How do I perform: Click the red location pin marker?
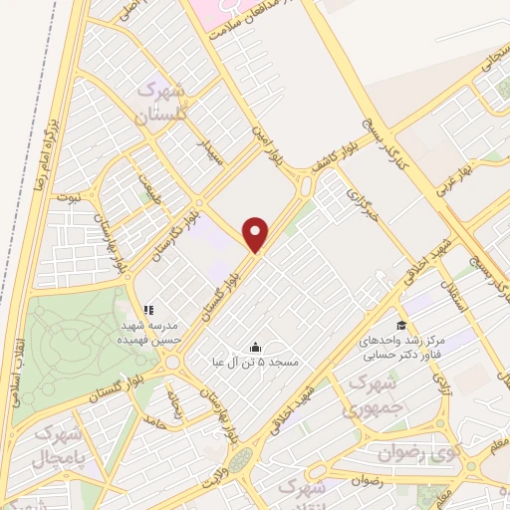coord(257,233)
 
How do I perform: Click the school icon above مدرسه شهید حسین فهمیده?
coord(148,310)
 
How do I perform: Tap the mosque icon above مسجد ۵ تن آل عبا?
coord(255,347)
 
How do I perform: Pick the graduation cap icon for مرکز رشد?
coord(400,325)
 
